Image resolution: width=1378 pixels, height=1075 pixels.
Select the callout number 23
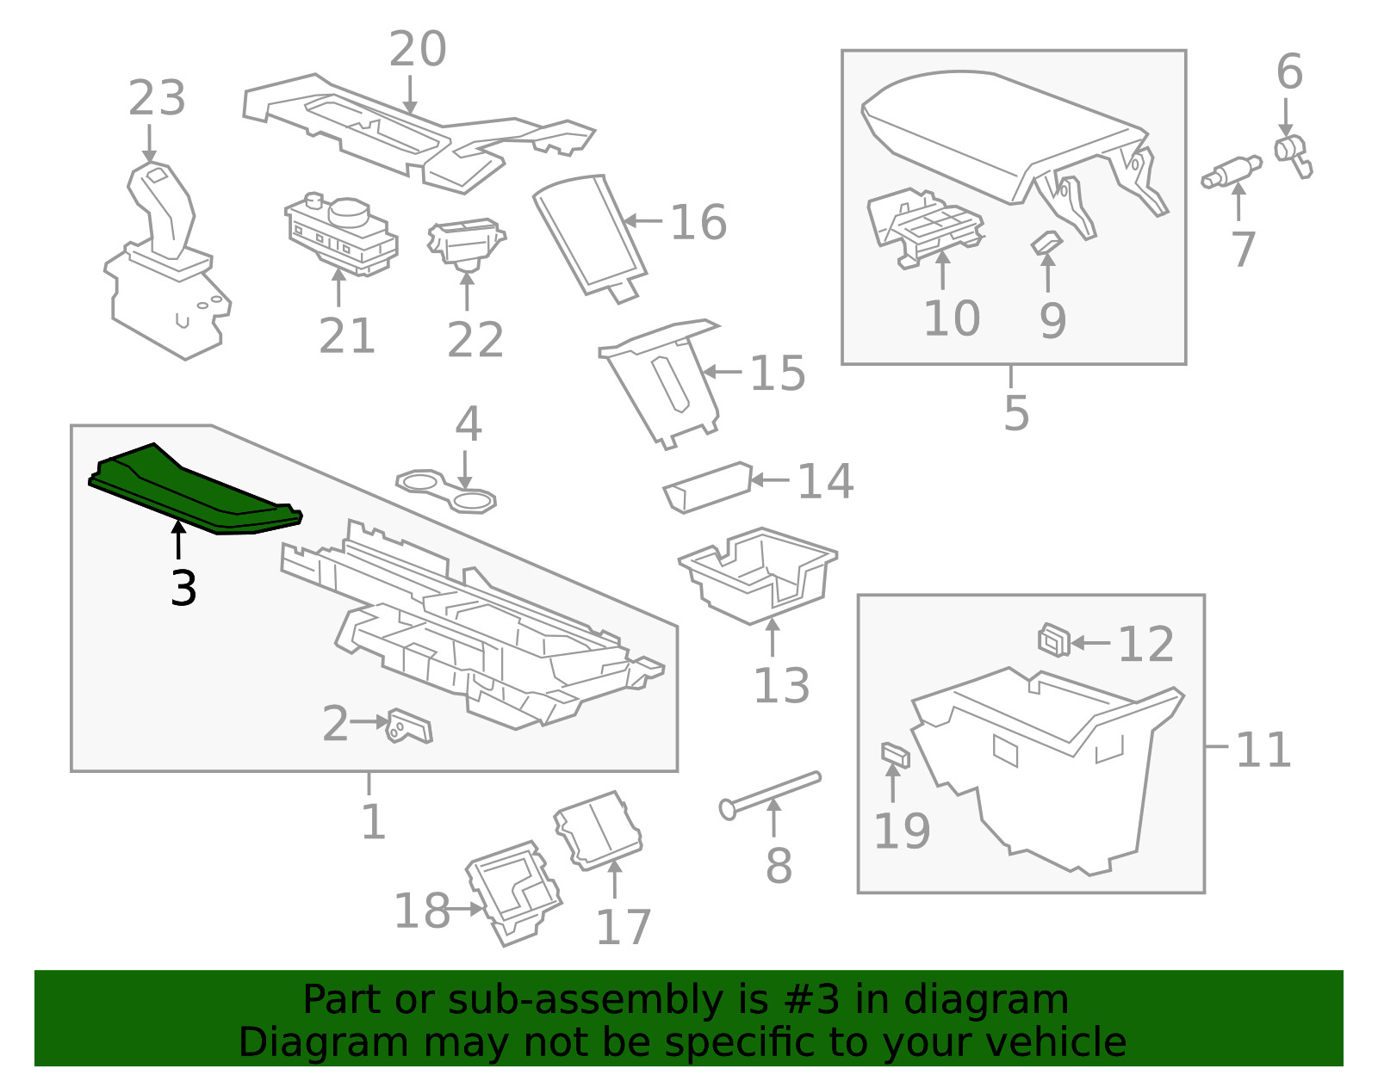[x=157, y=98]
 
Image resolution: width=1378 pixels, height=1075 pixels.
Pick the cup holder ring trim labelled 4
[x=446, y=491]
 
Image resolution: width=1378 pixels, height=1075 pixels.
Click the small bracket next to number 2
[x=410, y=726]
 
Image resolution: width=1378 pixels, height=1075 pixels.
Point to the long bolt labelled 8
[x=771, y=795]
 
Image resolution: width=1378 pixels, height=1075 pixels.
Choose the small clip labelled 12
[x=1054, y=640]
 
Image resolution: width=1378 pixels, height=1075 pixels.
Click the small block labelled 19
[x=895, y=755]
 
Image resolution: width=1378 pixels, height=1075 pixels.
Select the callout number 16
[x=698, y=222]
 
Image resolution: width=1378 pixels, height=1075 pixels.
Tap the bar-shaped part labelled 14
[x=708, y=486]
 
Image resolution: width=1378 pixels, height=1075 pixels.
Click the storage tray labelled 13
[x=758, y=575]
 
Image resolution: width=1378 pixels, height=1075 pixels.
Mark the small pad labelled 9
[x=1046, y=243]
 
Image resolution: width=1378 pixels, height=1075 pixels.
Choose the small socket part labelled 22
[x=466, y=244]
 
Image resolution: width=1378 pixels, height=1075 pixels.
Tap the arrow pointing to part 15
[x=723, y=371]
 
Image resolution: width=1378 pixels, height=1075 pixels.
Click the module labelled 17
[x=598, y=831]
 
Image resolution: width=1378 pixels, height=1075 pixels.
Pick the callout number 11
[x=1263, y=750]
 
